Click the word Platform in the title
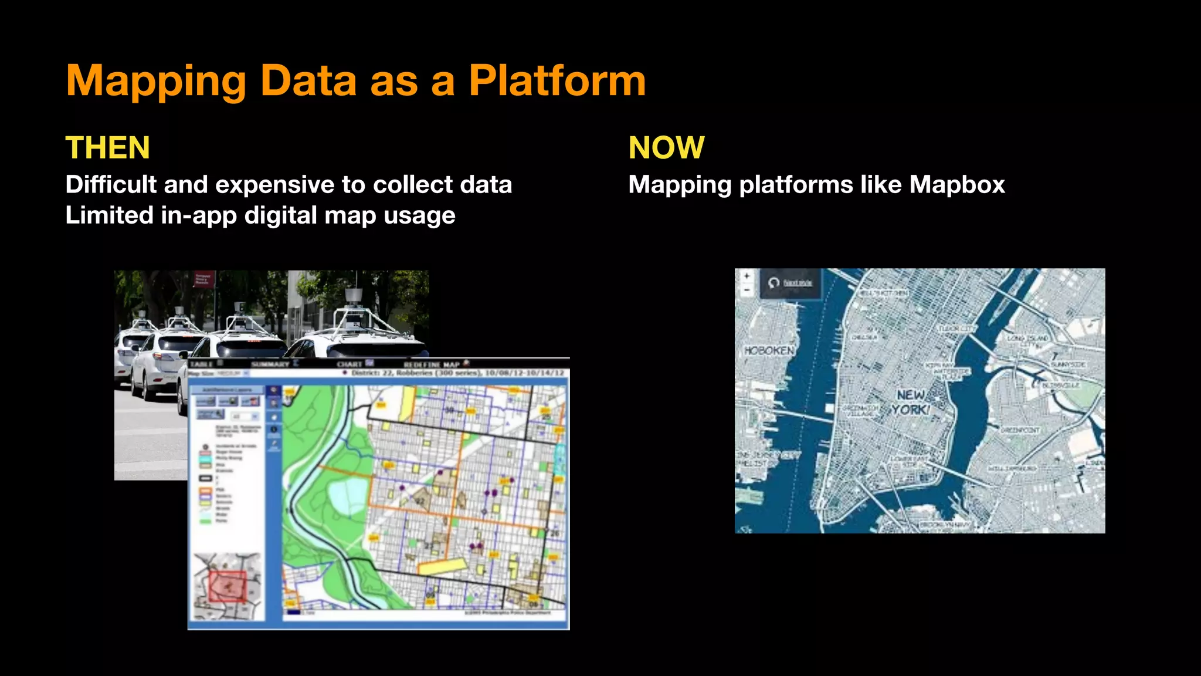pyautogui.click(x=557, y=80)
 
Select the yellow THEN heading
pyautogui.click(x=108, y=147)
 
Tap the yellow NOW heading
pyautogui.click(x=666, y=147)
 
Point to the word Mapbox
pyautogui.click(x=957, y=185)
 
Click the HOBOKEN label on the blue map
pyautogui.click(x=769, y=350)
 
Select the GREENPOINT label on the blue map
pyautogui.click(x=1020, y=430)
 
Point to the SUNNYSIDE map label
pyautogui.click(x=1068, y=364)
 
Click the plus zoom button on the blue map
pyautogui.click(x=747, y=275)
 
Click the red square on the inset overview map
pyautogui.click(x=228, y=586)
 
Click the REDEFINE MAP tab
pyautogui.click(x=432, y=364)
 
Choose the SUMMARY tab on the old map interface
pyautogui.click(x=270, y=364)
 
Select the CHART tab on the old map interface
pyautogui.click(x=350, y=364)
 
